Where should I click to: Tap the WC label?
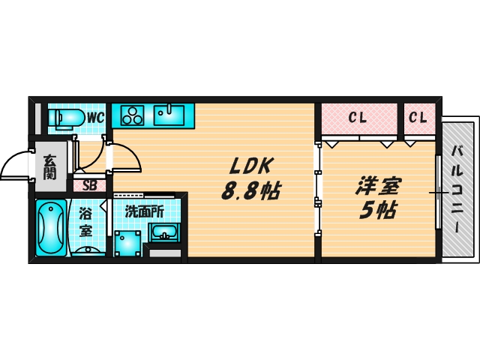point(94,118)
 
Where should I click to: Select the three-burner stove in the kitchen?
point(133,115)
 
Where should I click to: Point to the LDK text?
point(249,166)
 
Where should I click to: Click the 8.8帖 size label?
point(250,191)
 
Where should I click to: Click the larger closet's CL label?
point(357,118)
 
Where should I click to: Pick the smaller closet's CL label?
point(418,118)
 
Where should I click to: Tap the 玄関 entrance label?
point(49,166)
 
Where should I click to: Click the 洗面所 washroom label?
point(145,211)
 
